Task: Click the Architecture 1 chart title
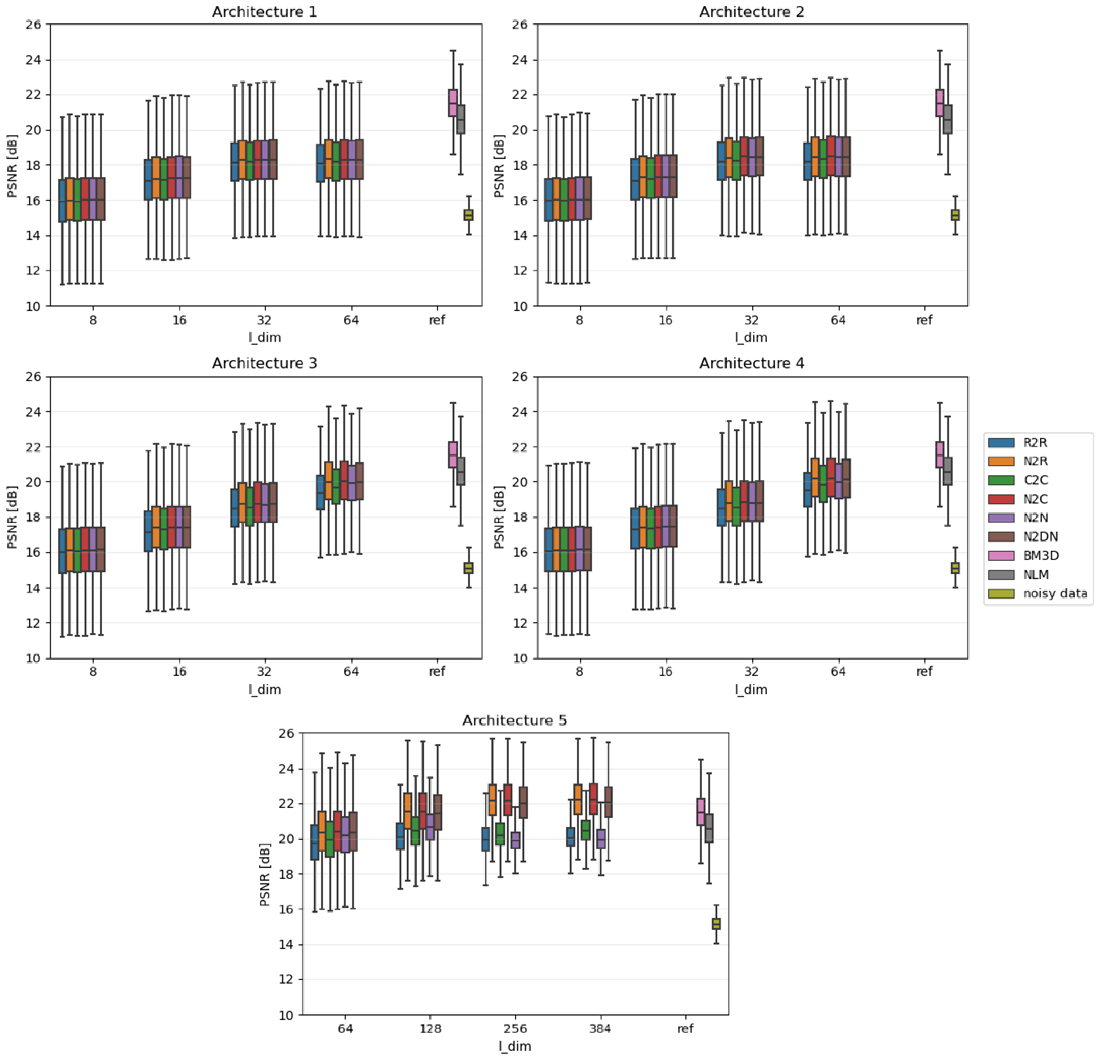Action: pos(264,12)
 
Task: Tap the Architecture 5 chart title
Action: pos(515,721)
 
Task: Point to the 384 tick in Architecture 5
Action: pos(600,1029)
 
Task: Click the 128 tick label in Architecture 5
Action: pos(430,1029)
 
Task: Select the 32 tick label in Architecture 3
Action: pos(264,672)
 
